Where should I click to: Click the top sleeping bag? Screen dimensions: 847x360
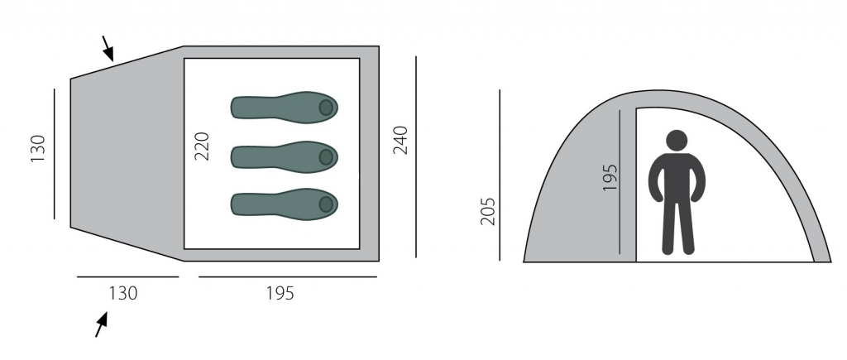click(x=285, y=108)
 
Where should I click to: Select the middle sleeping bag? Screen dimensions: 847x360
click(x=285, y=157)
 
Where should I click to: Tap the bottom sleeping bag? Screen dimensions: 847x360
click(x=285, y=204)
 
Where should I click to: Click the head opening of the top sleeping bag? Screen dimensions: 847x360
click(x=326, y=108)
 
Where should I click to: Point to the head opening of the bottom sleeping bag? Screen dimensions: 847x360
click(x=326, y=204)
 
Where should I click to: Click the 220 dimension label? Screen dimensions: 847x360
click(x=202, y=146)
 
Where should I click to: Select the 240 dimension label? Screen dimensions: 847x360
click(x=400, y=140)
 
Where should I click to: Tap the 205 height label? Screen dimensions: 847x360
click(x=487, y=211)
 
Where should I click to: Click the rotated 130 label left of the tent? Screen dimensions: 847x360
click(x=38, y=149)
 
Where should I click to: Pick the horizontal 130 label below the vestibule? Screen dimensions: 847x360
click(x=123, y=293)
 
